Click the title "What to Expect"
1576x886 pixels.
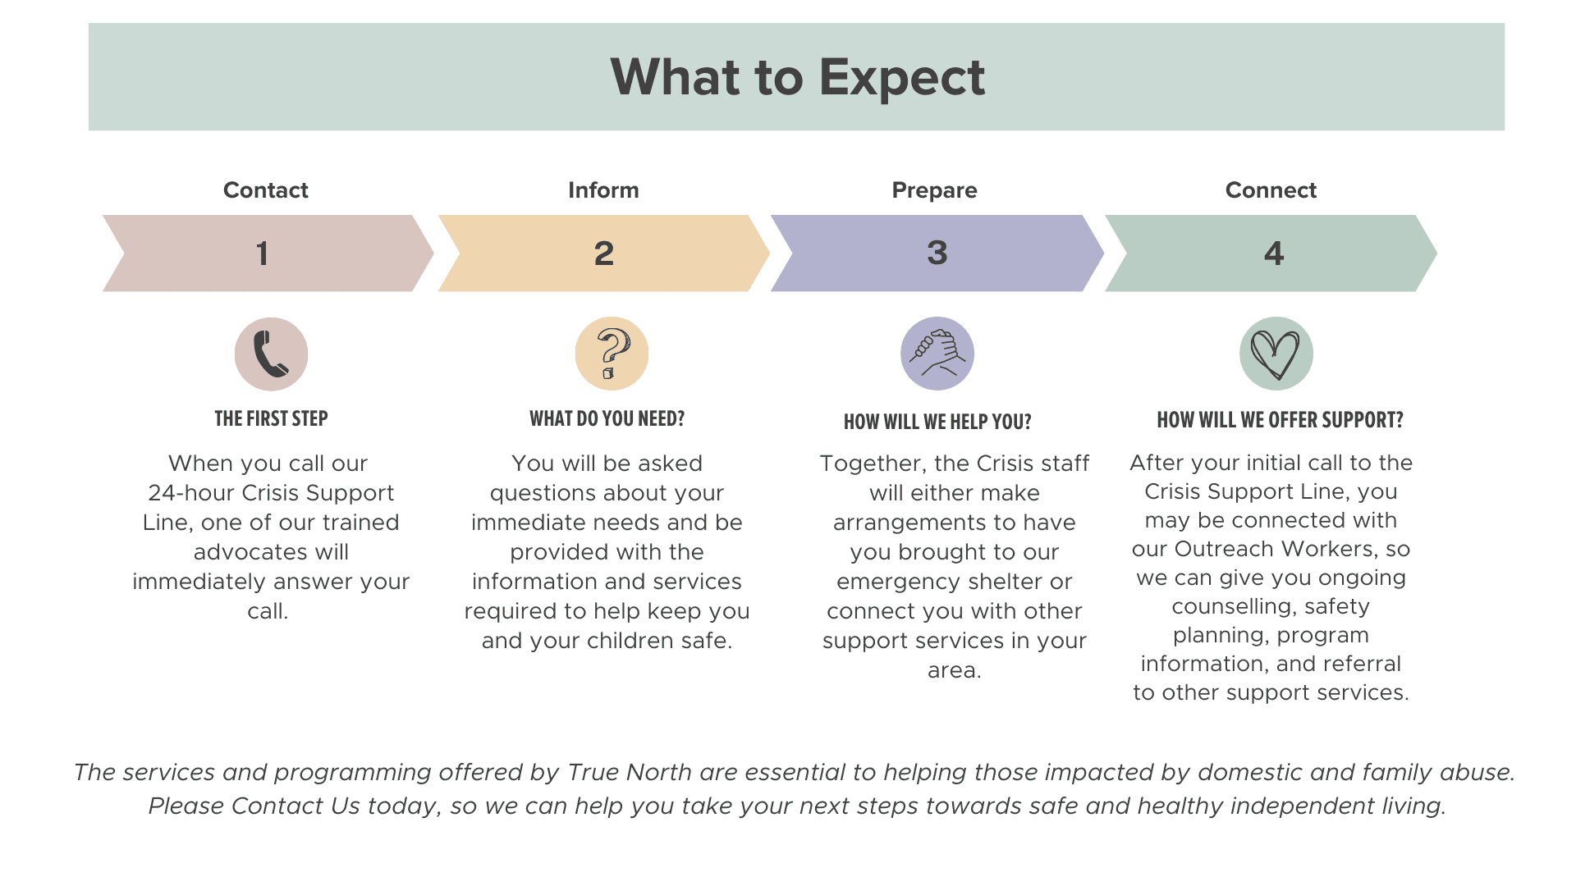tap(797, 77)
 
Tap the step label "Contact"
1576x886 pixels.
tap(266, 190)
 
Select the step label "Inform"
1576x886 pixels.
tap(603, 190)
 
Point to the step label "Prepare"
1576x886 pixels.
tap(934, 190)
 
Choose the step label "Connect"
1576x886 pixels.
tap(1271, 190)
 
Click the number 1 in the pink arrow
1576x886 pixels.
tap(262, 253)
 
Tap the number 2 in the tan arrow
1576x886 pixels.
tap(604, 253)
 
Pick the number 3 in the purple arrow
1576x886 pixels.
tap(937, 253)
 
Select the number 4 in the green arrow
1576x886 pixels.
tap(1274, 253)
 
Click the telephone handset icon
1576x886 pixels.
tap(271, 354)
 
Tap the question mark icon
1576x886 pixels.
tap(612, 354)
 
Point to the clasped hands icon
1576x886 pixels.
tap(937, 354)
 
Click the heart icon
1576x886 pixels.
tap(1276, 354)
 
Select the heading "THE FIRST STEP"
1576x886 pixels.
tap(271, 419)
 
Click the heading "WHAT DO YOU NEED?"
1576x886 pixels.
tap(607, 419)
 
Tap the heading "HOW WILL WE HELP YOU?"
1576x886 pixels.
tap(937, 422)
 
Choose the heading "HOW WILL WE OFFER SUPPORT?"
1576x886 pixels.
tap(1280, 421)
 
